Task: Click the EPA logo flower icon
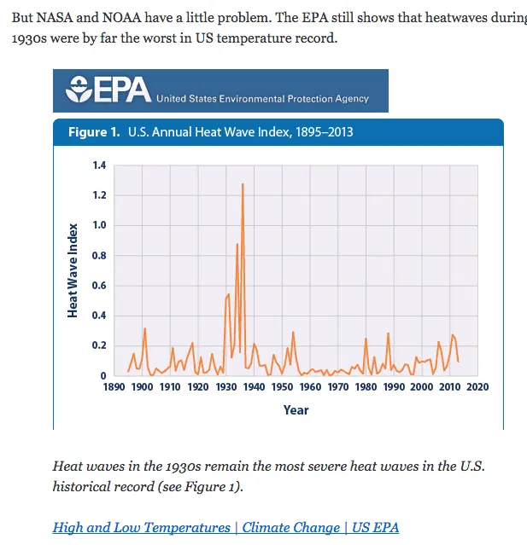[78, 89]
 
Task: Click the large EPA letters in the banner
[121, 90]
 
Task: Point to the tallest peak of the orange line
[243, 184]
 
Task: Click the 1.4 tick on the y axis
[99, 165]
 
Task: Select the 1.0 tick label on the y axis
[99, 226]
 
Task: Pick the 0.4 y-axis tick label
[99, 316]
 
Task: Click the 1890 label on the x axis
[114, 387]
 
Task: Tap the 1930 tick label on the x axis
[226, 387]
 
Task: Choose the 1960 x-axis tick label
[310, 387]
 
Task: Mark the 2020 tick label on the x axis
[477, 387]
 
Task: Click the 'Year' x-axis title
[296, 410]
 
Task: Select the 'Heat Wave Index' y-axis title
[73, 270]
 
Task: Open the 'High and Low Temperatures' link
[142, 527]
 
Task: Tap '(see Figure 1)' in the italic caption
[196, 487]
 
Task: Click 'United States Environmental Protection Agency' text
[263, 99]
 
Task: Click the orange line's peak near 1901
[144, 328]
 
